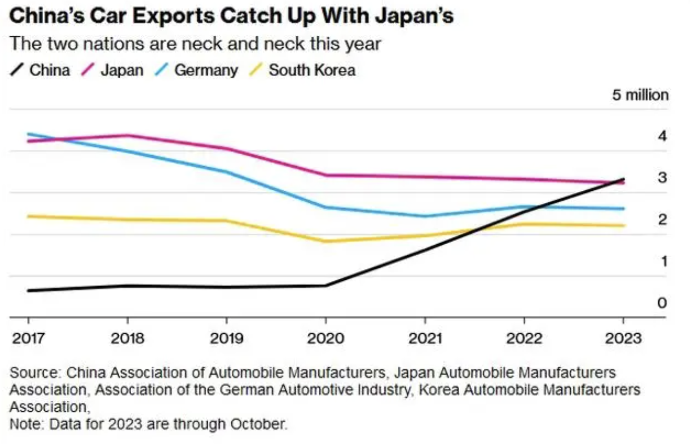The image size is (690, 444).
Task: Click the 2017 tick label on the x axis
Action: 28,338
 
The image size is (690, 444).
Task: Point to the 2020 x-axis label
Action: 325,338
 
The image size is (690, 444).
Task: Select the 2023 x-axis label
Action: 624,338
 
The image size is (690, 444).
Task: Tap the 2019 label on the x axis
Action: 226,338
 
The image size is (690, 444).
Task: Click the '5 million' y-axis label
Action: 640,95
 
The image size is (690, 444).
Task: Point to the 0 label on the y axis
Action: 662,303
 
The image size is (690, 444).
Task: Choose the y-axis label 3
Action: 662,178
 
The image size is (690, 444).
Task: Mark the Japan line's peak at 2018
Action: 127,135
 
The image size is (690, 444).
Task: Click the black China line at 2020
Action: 325,285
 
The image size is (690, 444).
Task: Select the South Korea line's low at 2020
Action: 325,241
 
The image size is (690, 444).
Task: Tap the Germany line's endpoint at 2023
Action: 624,208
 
